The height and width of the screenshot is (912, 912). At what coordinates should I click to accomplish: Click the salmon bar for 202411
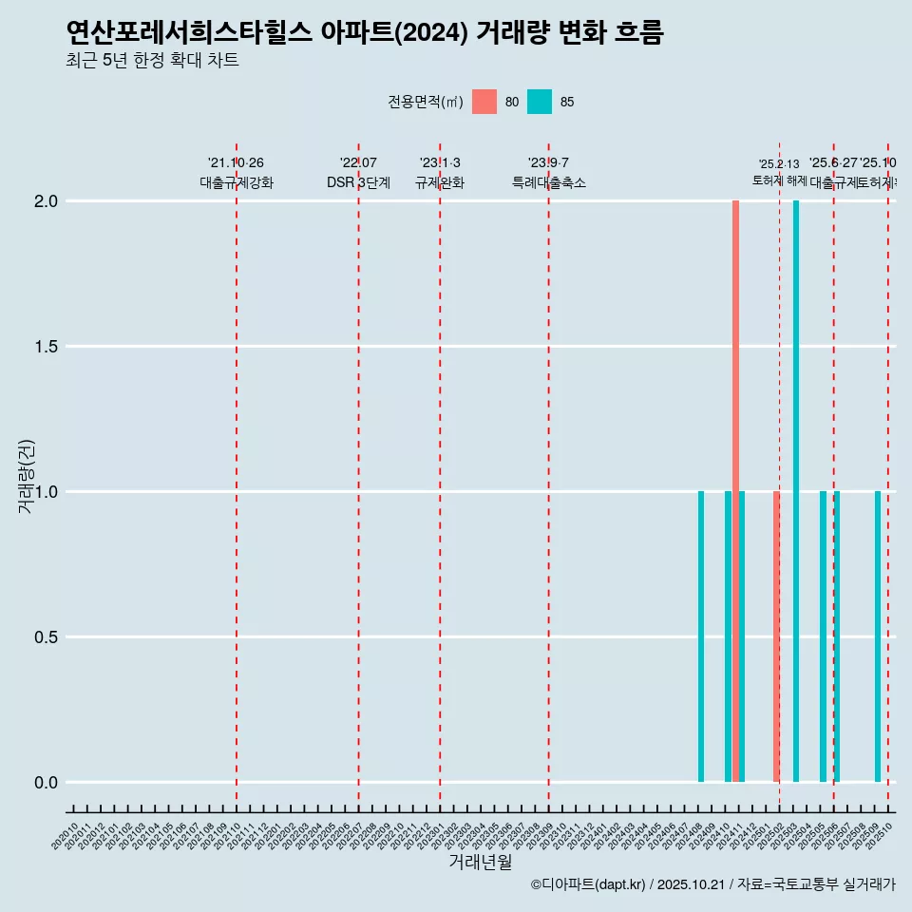[735, 491]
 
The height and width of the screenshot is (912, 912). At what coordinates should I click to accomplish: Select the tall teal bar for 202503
[796, 491]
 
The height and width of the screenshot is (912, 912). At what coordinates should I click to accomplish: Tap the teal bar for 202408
[701, 636]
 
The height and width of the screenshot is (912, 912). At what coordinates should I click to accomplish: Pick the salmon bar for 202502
[776, 636]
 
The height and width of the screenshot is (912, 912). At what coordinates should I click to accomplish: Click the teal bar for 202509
[878, 636]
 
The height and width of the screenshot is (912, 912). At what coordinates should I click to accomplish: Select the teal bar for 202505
[823, 636]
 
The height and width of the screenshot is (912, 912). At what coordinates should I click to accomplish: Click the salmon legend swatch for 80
[484, 102]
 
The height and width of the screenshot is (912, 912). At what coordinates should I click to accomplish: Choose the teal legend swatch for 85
[540, 102]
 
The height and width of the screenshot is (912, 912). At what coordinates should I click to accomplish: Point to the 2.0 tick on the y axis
[47, 201]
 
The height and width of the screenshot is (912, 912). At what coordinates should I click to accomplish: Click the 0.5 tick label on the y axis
[47, 637]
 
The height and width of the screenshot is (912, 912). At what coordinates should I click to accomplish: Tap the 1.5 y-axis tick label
[47, 347]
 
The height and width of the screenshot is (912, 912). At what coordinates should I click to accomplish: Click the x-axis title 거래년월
[480, 863]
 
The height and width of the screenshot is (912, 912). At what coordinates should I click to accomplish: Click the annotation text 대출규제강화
[237, 182]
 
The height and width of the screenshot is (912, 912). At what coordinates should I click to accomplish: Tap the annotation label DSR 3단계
[358, 182]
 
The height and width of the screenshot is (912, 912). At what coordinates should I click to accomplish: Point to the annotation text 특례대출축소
[549, 182]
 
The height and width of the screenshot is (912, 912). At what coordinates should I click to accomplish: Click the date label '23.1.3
[440, 162]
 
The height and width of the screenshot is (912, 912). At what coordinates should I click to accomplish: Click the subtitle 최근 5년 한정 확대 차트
[152, 61]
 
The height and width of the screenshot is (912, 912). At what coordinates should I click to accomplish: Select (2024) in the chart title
[430, 33]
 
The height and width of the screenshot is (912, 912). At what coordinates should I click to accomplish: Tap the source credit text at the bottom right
[712, 884]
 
